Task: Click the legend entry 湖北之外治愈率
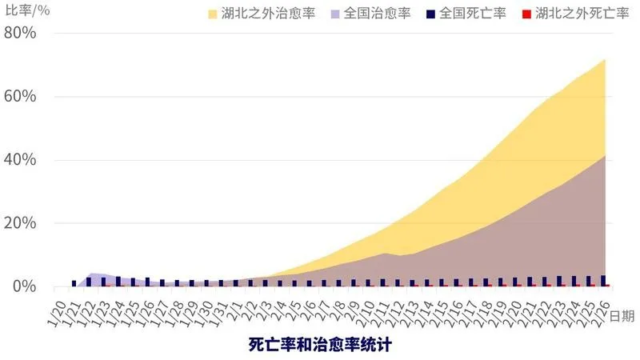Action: click(x=264, y=14)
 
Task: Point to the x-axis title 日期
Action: click(x=622, y=316)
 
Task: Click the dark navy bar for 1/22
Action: click(x=89, y=282)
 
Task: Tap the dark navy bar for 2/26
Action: click(x=603, y=281)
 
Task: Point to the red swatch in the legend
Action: click(x=525, y=14)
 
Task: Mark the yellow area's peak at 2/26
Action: click(x=604, y=59)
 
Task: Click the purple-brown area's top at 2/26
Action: click(x=604, y=155)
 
